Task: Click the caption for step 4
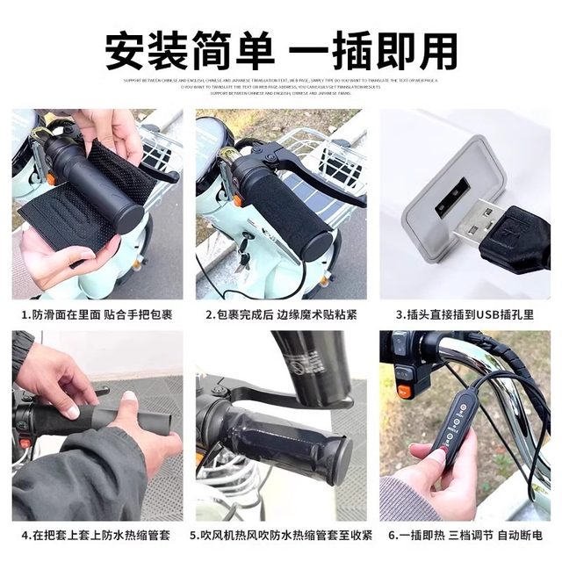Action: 97,534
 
